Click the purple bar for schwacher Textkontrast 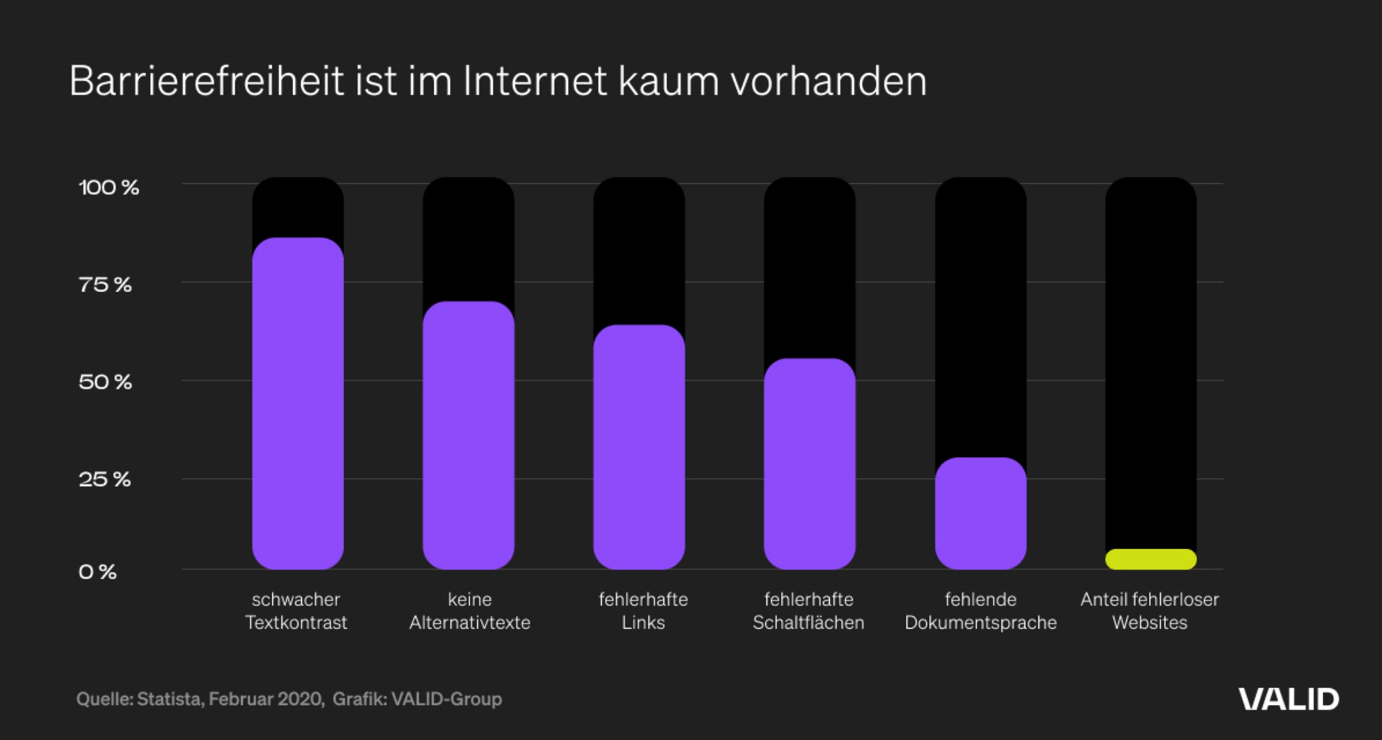coord(298,403)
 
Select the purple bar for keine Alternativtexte coord(468,435)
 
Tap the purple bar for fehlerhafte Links coord(639,447)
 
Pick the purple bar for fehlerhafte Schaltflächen coord(810,464)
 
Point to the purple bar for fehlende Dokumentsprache coord(981,514)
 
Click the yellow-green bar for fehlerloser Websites coord(1151,559)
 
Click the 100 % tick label coord(109,187)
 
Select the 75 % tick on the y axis coord(105,285)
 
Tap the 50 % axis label coord(105,382)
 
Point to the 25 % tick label coord(105,480)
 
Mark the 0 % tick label coord(98,572)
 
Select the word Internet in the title coord(535,81)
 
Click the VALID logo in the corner coord(1289,699)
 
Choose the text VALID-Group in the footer coord(447,699)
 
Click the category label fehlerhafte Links coord(643,611)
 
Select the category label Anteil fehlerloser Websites coord(1150,611)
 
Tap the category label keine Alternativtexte coord(470,611)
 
